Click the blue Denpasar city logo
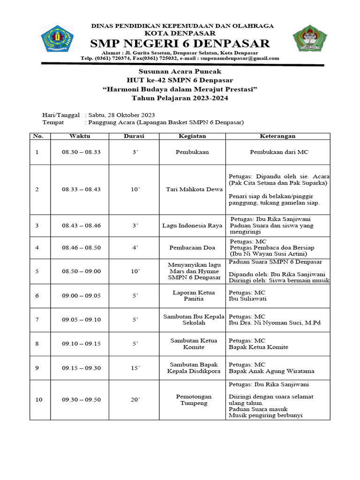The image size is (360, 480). pyautogui.click(x=57, y=39)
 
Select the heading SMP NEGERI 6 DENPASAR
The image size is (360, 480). pyautogui.click(x=180, y=44)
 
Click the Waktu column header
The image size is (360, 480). pyautogui.click(x=80, y=136)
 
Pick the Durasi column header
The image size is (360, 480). pyautogui.click(x=134, y=136)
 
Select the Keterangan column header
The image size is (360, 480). pyautogui.click(x=277, y=136)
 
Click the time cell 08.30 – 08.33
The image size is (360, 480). pyautogui.click(x=81, y=152)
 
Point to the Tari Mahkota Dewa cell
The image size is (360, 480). pyautogui.click(x=192, y=189)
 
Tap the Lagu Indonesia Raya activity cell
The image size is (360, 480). pyautogui.click(x=192, y=225)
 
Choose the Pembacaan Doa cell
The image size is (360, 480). pyautogui.click(x=192, y=247)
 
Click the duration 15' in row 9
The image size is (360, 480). pyautogui.click(x=135, y=368)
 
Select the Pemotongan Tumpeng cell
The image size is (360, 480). pyautogui.click(x=192, y=400)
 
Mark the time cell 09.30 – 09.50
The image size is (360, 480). pyautogui.click(x=81, y=400)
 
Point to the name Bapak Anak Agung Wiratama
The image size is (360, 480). pyautogui.click(x=271, y=371)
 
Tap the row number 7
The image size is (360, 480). pyautogui.click(x=37, y=320)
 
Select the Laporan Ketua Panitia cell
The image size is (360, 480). pyautogui.click(x=192, y=296)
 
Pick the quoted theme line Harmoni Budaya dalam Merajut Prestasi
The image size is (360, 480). pyautogui.click(x=180, y=89)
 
